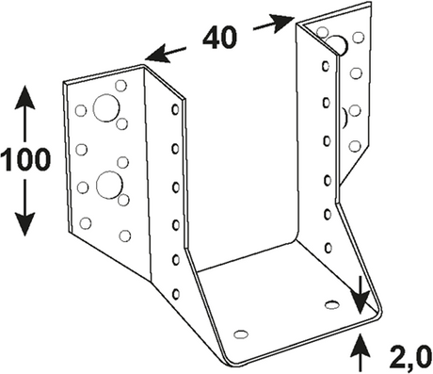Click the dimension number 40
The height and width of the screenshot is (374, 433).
pyautogui.click(x=220, y=38)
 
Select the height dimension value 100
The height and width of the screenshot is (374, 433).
pyautogui.click(x=25, y=159)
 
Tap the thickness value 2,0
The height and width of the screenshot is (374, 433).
pyautogui.click(x=410, y=356)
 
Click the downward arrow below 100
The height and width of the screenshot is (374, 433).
pyautogui.click(x=24, y=207)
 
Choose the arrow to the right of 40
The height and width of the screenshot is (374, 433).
pyautogui.click(x=274, y=24)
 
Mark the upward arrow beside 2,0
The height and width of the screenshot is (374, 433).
pyautogui.click(x=361, y=353)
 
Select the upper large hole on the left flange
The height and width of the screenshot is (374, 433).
pyautogui.click(x=106, y=107)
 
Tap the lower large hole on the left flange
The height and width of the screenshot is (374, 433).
pyautogui.click(x=109, y=185)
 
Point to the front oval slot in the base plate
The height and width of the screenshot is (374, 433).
pyautogui.click(x=241, y=334)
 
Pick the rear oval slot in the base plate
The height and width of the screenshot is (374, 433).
pyautogui.click(x=332, y=304)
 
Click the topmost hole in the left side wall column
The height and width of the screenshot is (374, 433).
pyautogui.click(x=175, y=109)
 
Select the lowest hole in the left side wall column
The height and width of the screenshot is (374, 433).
pyautogui.click(x=176, y=294)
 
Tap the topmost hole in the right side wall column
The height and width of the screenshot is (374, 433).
pyautogui.click(x=326, y=66)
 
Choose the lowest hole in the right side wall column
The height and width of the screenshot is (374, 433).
pyautogui.click(x=329, y=248)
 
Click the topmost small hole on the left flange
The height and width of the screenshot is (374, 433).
pyautogui.click(x=120, y=86)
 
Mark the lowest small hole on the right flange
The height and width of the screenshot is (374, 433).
pyautogui.click(x=355, y=146)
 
